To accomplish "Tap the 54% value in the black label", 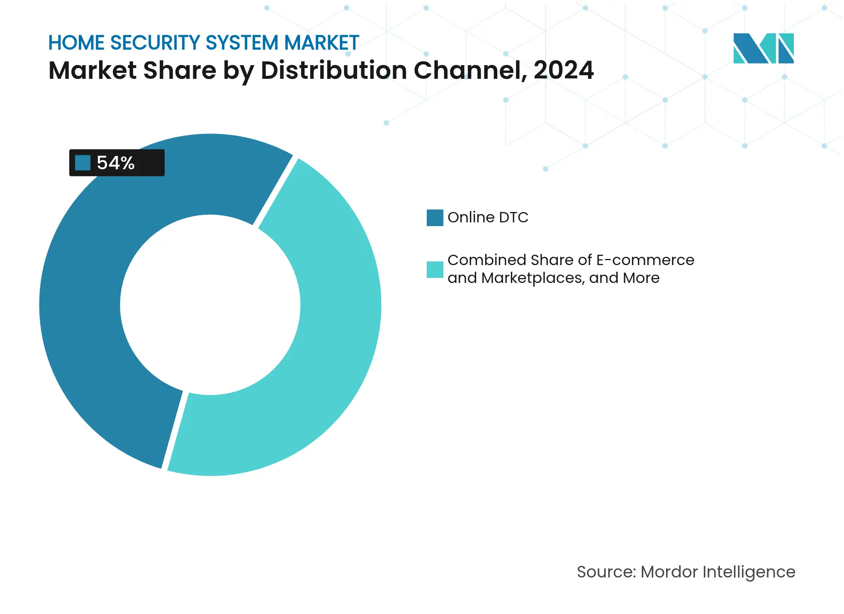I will pos(116,163).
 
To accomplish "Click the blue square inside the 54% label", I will pos(83,163).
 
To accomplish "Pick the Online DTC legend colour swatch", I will pos(435,218).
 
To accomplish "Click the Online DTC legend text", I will pos(488,217).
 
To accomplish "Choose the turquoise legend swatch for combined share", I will pos(435,270).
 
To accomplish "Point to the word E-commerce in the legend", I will pos(645,260).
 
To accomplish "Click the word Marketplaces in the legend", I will pos(533,278).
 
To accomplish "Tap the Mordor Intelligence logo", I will pos(763,48).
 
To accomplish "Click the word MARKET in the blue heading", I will pos(321,43).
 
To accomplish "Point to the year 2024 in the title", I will pos(564,70).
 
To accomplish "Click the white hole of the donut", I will pos(210,305).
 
